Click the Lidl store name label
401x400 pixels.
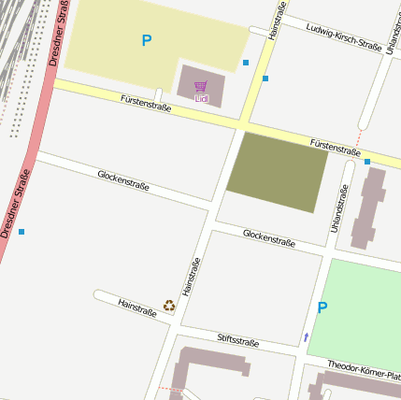pyautogui.click(x=201, y=98)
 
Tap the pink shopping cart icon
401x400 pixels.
pyautogui.click(x=201, y=86)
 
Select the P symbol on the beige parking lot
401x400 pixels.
pyautogui.click(x=146, y=41)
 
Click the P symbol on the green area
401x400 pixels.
pyautogui.click(x=322, y=307)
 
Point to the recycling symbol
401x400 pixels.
pyautogui.click(x=169, y=305)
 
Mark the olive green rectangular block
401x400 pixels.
pyautogui.click(x=278, y=171)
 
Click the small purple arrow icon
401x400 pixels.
pyautogui.click(x=306, y=336)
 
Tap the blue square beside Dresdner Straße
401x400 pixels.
pyautogui.click(x=21, y=231)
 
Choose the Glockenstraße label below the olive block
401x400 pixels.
pyautogui.click(x=269, y=238)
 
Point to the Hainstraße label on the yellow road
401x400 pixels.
pyautogui.click(x=276, y=21)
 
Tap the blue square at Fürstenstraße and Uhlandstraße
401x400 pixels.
pyautogui.click(x=367, y=162)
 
